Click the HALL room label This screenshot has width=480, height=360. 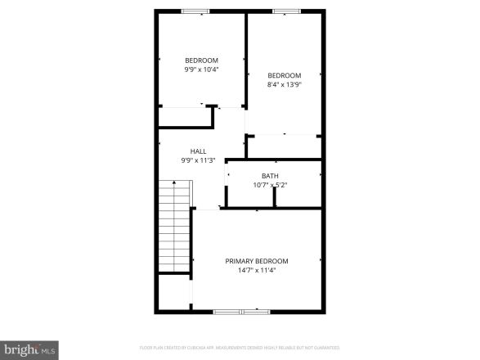198,151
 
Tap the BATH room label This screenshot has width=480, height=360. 270,176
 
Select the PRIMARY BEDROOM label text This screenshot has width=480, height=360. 257,261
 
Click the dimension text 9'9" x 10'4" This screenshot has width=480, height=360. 201,70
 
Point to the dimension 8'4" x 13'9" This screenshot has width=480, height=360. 284,84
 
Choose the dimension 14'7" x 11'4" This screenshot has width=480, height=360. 257,270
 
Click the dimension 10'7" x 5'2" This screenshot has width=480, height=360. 270,185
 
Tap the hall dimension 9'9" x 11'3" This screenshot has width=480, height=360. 198,160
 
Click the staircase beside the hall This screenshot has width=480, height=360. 174,228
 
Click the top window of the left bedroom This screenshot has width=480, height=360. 195,11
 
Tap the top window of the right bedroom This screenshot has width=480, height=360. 285,11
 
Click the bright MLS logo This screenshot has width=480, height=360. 29,349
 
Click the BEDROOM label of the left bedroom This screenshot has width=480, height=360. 201,61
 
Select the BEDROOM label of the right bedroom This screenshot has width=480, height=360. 284,75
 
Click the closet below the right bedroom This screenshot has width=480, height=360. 283,146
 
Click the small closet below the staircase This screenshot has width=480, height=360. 173,292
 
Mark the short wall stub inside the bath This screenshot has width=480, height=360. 275,199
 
